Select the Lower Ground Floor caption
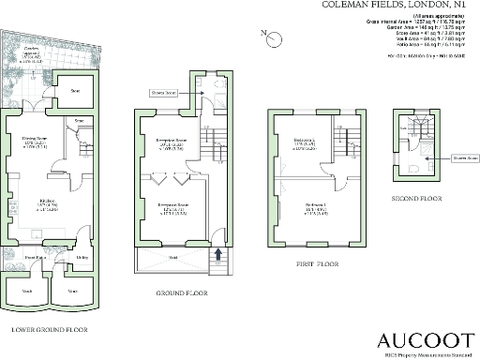tap(49, 330)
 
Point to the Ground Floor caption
tap(182, 292)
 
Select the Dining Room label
tap(36, 141)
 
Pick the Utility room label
tap(82, 255)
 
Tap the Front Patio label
tap(36, 255)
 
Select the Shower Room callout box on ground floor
tap(163, 93)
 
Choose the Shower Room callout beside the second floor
tap(457, 158)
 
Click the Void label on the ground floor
tap(173, 256)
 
